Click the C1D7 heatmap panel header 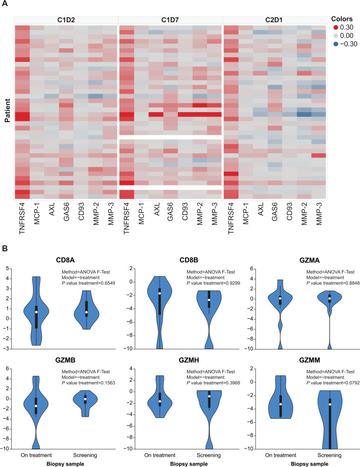tap(170, 20)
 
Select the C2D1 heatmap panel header tap(274, 20)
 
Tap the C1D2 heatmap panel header tap(66, 20)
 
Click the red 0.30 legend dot tap(336, 28)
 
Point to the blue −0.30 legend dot tap(336, 44)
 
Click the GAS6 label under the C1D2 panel tap(67, 212)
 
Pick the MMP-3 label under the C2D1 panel tap(319, 214)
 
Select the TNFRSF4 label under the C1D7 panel tap(127, 218)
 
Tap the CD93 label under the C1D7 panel tap(185, 212)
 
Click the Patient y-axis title tap(7, 111)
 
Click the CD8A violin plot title tap(65, 260)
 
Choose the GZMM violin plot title tap(310, 360)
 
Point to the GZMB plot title tap(65, 360)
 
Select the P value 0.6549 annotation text tap(88, 283)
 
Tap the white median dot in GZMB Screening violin tap(85, 399)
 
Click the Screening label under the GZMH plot tap(209, 455)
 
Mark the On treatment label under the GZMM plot tap(281, 455)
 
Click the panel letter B tap(5, 249)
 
